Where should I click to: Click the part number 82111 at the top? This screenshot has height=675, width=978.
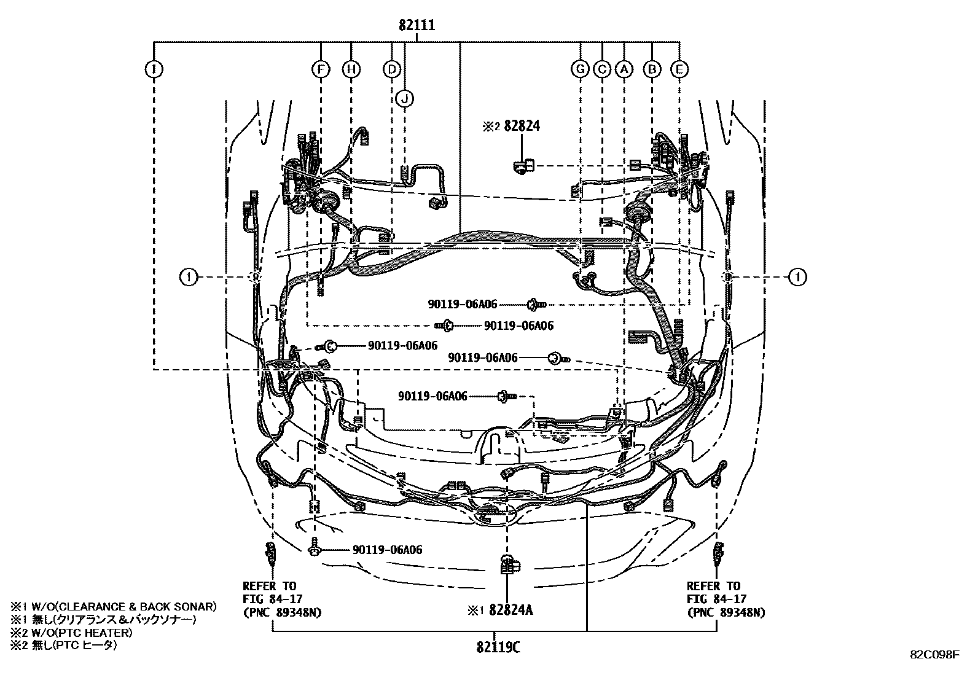[417, 25]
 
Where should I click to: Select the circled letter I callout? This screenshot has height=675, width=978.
[154, 69]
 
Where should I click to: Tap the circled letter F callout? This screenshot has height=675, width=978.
[321, 69]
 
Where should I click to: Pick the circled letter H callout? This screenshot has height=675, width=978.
[351, 69]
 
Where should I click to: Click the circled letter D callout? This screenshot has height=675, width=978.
[392, 69]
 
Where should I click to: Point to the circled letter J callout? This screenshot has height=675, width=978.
[405, 99]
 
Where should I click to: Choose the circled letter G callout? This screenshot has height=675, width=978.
[581, 69]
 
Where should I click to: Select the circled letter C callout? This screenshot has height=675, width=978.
[602, 69]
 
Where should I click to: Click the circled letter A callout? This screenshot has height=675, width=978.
[624, 69]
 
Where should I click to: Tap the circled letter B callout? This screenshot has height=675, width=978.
[652, 69]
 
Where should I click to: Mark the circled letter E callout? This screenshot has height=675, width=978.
[679, 69]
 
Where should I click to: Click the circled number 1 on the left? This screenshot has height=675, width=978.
[189, 277]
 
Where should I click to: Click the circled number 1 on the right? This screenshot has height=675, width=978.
[797, 277]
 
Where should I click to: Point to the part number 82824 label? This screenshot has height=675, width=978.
[522, 126]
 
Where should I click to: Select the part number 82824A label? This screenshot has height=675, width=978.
[511, 609]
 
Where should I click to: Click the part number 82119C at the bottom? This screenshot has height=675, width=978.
[498, 647]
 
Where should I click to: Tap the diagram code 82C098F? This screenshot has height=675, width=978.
[935, 655]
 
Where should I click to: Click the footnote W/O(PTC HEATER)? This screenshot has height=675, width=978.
[82, 632]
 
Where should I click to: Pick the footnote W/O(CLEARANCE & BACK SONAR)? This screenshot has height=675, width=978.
[124, 606]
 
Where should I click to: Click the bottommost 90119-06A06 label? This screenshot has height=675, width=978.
[387, 549]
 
